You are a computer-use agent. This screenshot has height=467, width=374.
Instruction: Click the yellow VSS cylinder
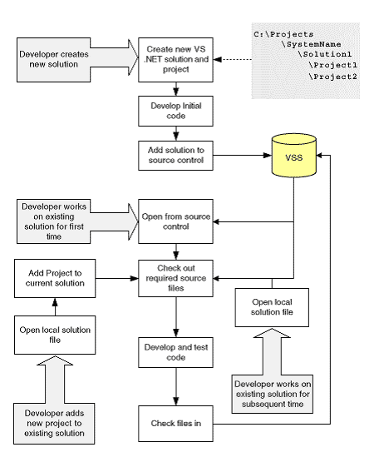(294, 156)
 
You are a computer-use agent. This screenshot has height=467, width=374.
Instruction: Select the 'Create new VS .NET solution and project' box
(175, 60)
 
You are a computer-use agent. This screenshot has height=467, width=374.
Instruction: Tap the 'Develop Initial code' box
(175, 111)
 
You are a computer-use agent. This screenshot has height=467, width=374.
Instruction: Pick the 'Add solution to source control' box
(175, 156)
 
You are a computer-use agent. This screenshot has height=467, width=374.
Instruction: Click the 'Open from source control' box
(175, 221)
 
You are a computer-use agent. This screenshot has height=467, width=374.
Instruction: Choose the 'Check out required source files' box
(175, 279)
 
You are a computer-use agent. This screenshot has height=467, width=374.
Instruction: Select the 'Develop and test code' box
(175, 352)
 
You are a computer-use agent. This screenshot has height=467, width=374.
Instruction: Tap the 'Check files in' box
(175, 424)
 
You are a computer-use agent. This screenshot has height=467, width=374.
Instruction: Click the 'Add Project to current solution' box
(55, 279)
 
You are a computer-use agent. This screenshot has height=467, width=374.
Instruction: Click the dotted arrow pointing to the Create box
(233, 60)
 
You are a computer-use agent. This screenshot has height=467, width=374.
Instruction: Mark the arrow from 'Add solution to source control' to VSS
(243, 155)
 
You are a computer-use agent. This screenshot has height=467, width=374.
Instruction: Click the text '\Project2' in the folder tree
(332, 77)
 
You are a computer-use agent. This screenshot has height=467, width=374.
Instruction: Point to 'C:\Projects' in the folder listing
(283, 34)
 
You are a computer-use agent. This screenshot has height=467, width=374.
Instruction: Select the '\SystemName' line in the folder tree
(311, 44)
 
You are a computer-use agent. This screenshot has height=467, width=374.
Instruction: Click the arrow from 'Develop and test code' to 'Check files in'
(176, 386)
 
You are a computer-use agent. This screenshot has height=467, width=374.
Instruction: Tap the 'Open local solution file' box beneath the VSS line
(272, 307)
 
